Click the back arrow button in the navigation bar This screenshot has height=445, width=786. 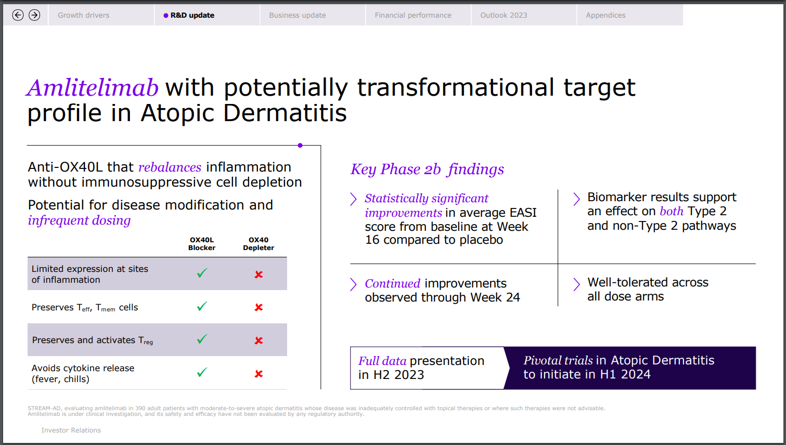(x=18, y=15)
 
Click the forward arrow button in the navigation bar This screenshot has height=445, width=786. (x=34, y=15)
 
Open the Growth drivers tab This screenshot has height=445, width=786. (x=84, y=15)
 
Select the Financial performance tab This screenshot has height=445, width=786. (x=413, y=15)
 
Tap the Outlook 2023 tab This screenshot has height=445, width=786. (x=504, y=15)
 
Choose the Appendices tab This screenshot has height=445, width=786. (x=605, y=15)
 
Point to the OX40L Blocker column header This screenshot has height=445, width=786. (x=202, y=244)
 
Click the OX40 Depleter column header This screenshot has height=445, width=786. (x=259, y=244)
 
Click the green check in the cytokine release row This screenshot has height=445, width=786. (x=202, y=373)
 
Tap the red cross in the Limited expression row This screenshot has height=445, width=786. (x=259, y=274)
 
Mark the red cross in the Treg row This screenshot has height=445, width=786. (x=259, y=341)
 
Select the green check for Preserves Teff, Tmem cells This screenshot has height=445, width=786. (x=202, y=307)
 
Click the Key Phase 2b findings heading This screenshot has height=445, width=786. (x=427, y=169)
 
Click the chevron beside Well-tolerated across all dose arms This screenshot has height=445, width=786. (x=576, y=284)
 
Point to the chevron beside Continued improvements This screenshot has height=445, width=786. (x=353, y=284)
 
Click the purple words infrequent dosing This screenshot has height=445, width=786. (x=79, y=220)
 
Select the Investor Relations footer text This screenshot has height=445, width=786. (x=71, y=430)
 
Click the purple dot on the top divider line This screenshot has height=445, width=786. (x=300, y=146)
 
